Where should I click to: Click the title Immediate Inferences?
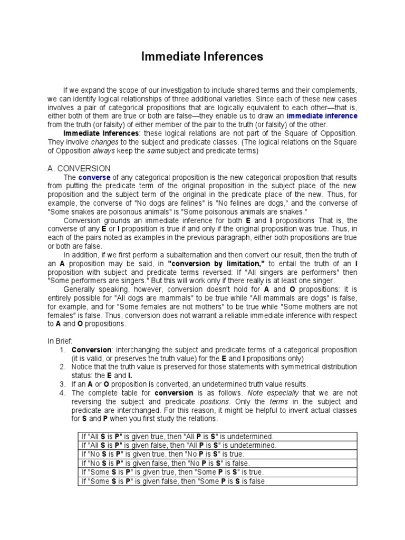(202, 56)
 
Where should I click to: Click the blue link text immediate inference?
(322, 116)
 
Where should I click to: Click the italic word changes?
(104, 142)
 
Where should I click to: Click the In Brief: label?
(60, 341)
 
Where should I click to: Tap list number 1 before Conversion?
(62, 350)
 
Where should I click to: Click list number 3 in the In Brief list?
(62, 384)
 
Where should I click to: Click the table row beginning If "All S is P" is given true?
(174, 436)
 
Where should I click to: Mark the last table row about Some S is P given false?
(174, 480)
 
